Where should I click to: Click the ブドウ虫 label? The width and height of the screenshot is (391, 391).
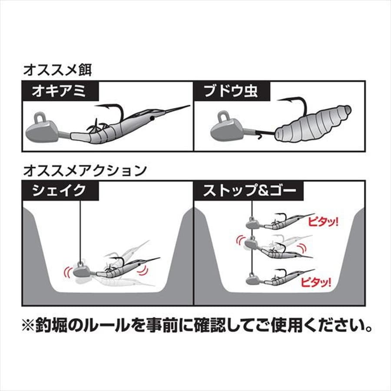tap(232, 91)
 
